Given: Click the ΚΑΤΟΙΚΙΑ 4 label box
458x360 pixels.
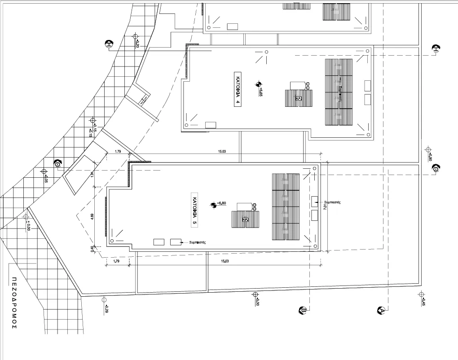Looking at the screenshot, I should [238, 88].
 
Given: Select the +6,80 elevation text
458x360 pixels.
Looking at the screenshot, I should [221, 203].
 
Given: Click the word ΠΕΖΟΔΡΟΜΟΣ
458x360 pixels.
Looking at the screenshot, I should [14, 303].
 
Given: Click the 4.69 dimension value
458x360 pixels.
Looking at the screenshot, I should [92, 216].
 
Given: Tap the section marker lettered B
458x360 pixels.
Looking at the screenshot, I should [303, 310].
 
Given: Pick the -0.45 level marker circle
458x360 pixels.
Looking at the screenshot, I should [421, 294].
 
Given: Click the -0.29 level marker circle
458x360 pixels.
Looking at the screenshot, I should [104, 299].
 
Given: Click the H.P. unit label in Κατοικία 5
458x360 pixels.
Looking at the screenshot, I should [245, 220].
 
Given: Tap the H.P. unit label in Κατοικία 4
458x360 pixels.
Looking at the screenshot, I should [298, 97].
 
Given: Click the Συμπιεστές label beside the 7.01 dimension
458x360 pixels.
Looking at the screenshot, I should [332, 202].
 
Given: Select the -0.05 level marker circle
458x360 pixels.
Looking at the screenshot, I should [44, 171].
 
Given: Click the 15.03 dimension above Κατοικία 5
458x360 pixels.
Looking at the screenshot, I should [222, 152].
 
